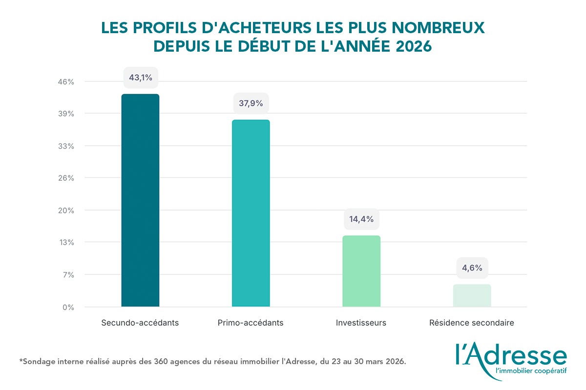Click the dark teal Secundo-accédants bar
tap(140, 200)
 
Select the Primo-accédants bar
tap(251, 213)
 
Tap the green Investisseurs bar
tap(361, 271)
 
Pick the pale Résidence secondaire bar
tap(472, 295)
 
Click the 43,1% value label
tap(141, 78)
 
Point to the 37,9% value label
tap(251, 103)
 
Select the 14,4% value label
tap(361, 219)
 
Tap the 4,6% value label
tap(472, 268)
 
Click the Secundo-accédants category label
tap(140, 323)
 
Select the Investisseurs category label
tap(361, 323)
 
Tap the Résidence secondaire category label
tap(472, 323)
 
